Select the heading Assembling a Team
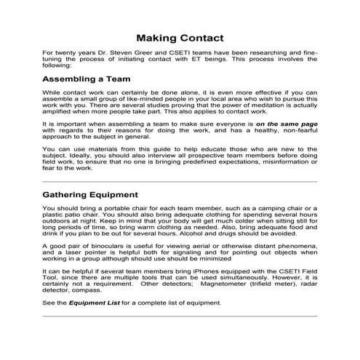[86, 79]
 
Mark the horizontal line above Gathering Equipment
[180, 181]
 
